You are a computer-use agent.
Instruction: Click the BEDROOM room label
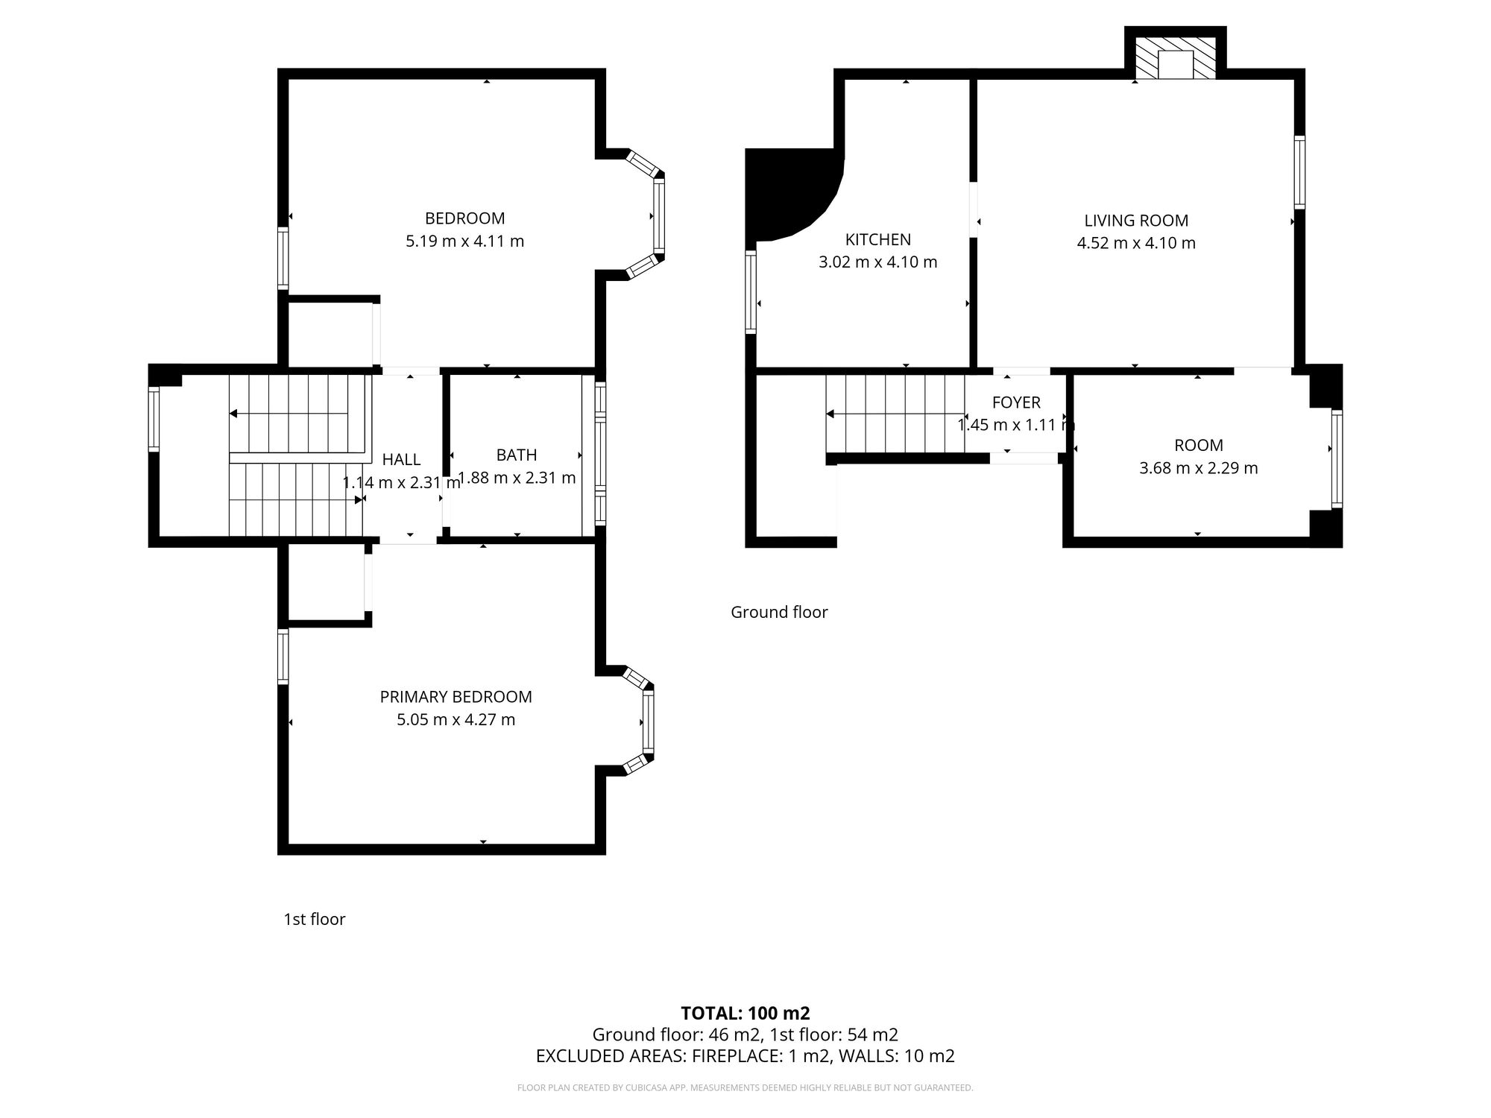(464, 218)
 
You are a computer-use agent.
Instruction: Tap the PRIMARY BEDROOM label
(456, 697)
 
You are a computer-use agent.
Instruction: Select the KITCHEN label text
(877, 239)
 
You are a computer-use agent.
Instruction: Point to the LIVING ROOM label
(1136, 221)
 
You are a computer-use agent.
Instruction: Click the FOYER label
(1016, 402)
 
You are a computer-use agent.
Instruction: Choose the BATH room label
(517, 455)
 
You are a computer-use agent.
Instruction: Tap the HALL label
(401, 459)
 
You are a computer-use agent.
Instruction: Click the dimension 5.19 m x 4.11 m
(464, 241)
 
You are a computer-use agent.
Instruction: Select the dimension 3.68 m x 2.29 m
(1198, 468)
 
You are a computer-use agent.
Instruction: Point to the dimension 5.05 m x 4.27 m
(456, 720)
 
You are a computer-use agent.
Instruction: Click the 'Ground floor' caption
(779, 612)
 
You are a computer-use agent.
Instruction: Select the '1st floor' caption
(315, 919)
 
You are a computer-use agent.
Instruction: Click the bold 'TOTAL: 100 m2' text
(745, 1013)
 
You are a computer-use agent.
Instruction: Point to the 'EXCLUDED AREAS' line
(745, 1056)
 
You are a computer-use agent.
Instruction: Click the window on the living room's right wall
(1299, 172)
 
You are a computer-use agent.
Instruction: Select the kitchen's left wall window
(751, 291)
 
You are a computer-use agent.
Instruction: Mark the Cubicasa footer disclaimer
(745, 1088)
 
